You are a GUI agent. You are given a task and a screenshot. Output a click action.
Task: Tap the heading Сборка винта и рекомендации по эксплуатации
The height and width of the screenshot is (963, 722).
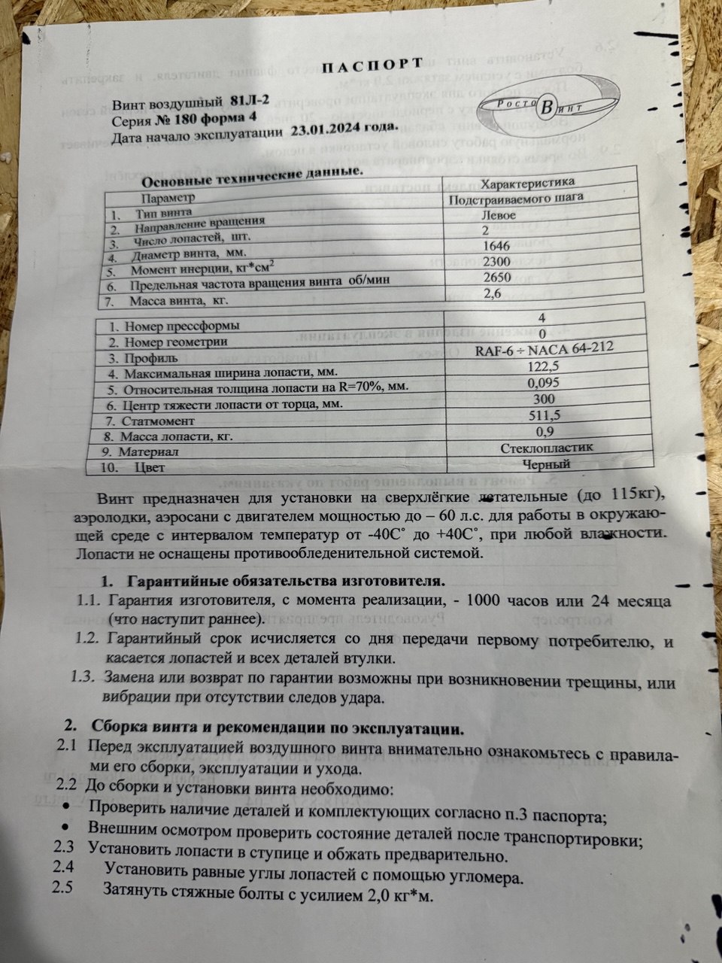click(x=278, y=729)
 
